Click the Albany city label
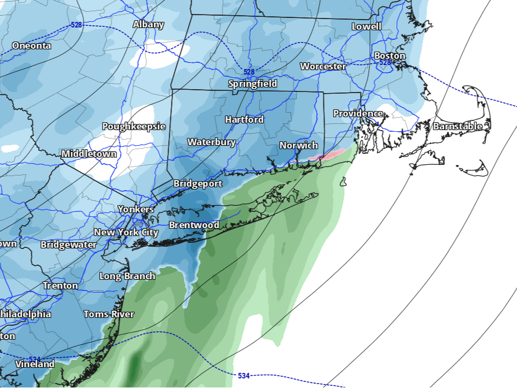tap(149, 24)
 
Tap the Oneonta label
tap(31, 45)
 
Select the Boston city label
tap(389, 56)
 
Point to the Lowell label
tap(366, 26)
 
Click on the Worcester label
tap(323, 66)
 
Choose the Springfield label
tap(252, 84)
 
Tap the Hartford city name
tap(244, 119)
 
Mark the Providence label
tap(358, 113)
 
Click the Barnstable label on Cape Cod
tap(457, 126)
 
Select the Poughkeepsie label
tap(133, 126)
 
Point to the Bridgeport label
tap(197, 183)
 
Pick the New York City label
tap(126, 232)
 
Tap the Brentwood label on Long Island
tap(194, 225)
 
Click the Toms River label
tap(109, 314)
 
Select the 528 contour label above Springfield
tap(249, 72)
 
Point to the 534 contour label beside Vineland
tap(35, 359)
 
